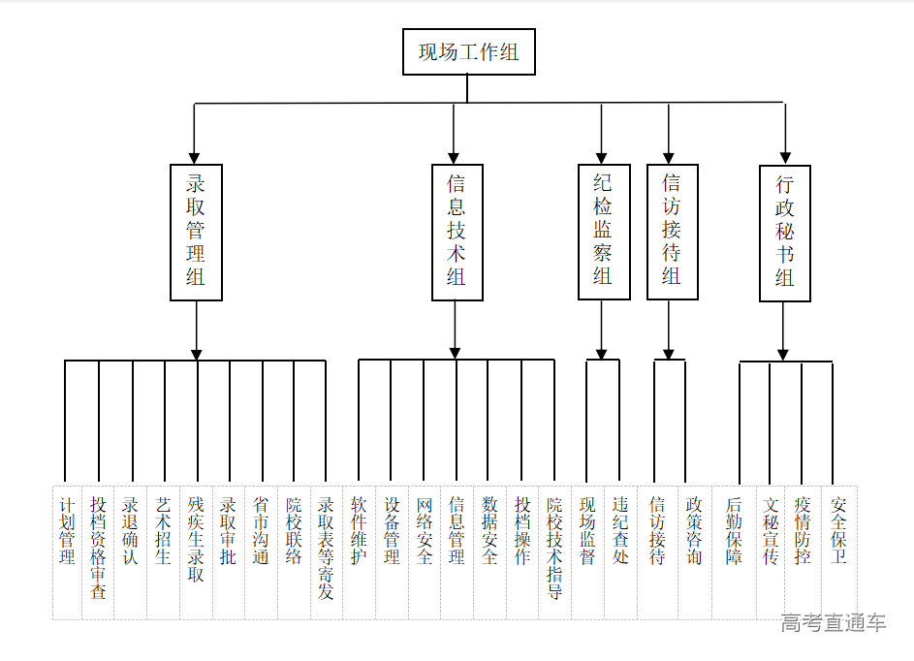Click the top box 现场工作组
(x=468, y=51)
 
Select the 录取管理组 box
(x=196, y=232)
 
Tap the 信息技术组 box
(x=457, y=232)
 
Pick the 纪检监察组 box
(x=602, y=232)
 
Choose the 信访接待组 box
(x=672, y=232)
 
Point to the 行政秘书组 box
(x=784, y=233)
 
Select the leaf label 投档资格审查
(x=99, y=548)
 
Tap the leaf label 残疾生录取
(x=197, y=539)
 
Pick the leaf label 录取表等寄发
(x=327, y=548)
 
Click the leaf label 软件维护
(x=359, y=531)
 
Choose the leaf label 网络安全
(x=425, y=531)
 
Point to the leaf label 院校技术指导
(x=554, y=548)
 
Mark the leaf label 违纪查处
(x=620, y=531)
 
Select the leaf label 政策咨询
(x=694, y=531)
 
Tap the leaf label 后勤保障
(x=734, y=531)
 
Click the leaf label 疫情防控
(x=803, y=531)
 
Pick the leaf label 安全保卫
(x=839, y=531)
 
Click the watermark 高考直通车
(x=834, y=623)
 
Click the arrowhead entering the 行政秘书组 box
(x=784, y=157)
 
